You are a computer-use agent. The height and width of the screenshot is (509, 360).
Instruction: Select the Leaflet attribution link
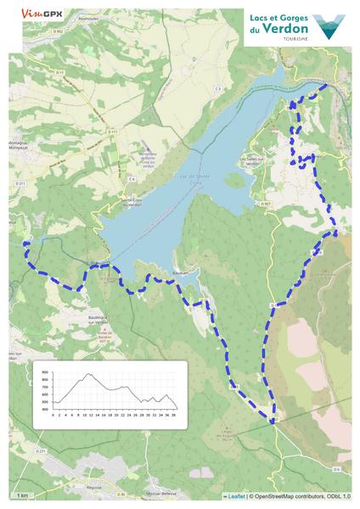[x=235, y=496]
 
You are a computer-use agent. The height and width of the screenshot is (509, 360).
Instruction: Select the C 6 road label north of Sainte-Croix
[x=132, y=180]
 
